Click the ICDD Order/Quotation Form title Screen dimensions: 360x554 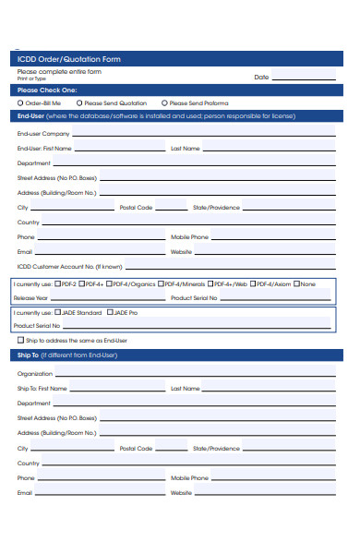pos(69,59)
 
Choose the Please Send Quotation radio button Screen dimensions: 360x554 pos(79,103)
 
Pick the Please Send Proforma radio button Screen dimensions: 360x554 pos(164,103)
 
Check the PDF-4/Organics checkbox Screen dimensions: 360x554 pos(110,283)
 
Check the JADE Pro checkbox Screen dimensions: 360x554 pos(112,313)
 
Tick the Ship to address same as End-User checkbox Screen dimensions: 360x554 pos(20,340)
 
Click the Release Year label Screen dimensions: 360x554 pos(31,298)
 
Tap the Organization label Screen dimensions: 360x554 pos(35,374)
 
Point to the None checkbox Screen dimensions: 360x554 pos(297,283)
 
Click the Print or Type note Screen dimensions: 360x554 pos(30,78)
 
